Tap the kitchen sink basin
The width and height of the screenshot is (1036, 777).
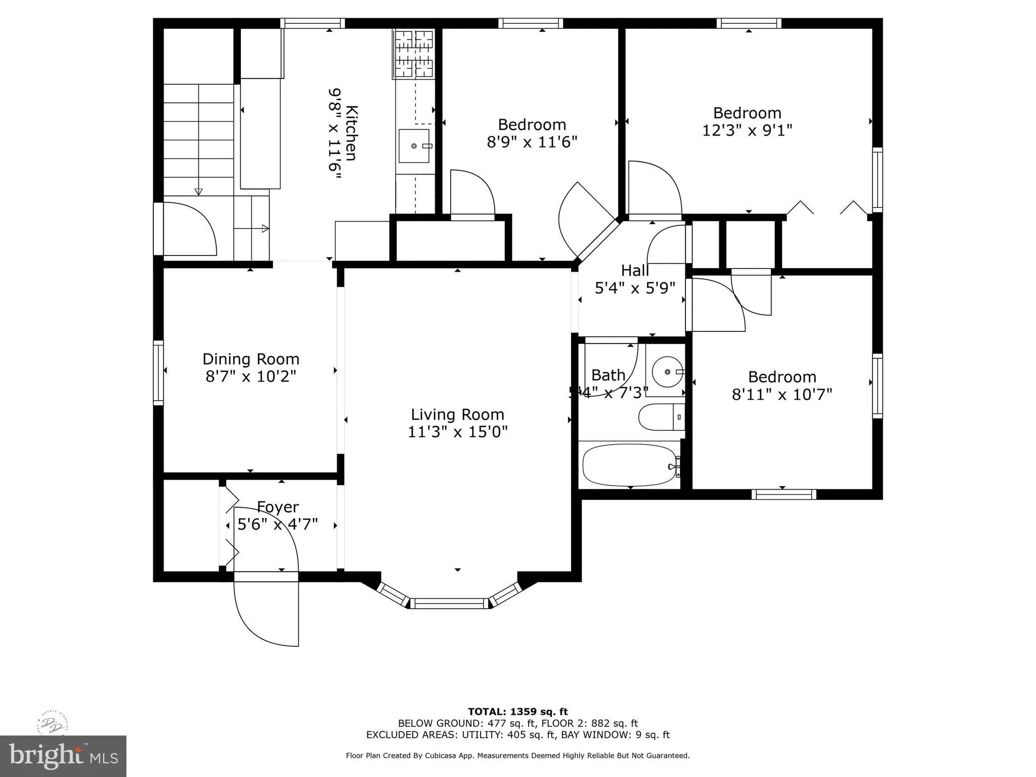414,146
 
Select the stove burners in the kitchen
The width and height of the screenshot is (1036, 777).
414,54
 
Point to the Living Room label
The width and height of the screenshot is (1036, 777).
457,415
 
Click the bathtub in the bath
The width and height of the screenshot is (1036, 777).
627,465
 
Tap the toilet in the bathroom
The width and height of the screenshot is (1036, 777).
660,417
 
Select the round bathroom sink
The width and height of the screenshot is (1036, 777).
667,372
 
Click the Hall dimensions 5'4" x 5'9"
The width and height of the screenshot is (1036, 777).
635,288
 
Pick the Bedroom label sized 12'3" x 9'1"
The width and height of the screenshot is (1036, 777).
747,113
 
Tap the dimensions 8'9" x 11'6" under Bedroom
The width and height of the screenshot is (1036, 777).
532,142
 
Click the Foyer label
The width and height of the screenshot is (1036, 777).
278,507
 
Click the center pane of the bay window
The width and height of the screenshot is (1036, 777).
450,603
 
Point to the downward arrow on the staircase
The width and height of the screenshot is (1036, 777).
199,191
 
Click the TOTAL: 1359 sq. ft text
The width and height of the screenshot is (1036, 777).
517,712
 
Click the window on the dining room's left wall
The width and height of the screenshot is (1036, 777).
158,373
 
